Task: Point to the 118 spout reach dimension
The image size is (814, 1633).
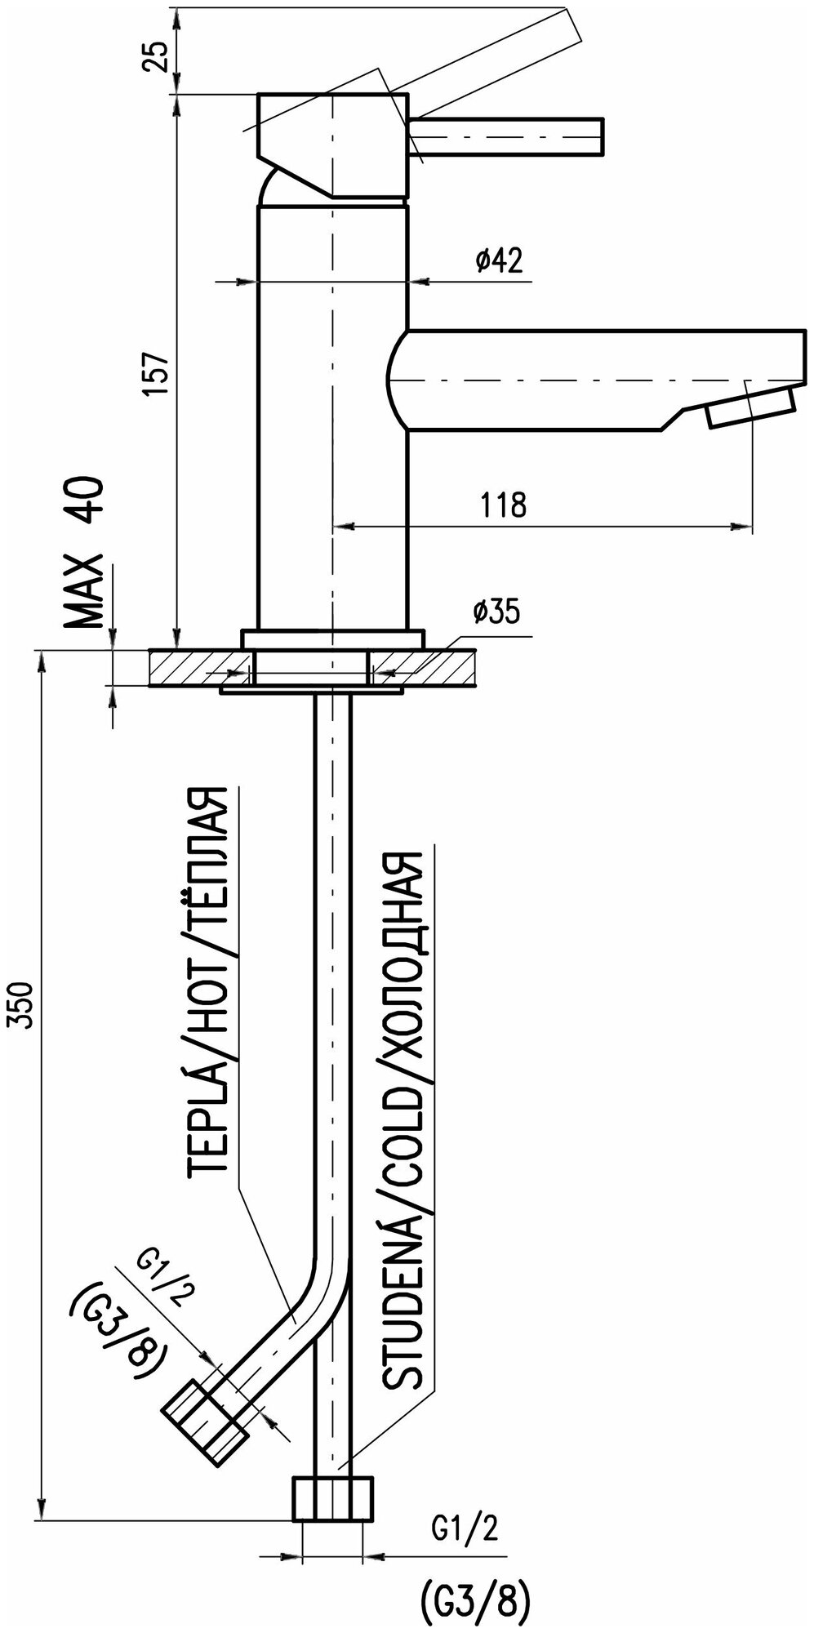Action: tap(504, 505)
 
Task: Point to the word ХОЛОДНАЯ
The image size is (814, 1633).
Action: tap(402, 976)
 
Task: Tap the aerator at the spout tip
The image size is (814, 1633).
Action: tap(750, 407)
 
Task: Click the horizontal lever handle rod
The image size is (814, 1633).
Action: tap(506, 135)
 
